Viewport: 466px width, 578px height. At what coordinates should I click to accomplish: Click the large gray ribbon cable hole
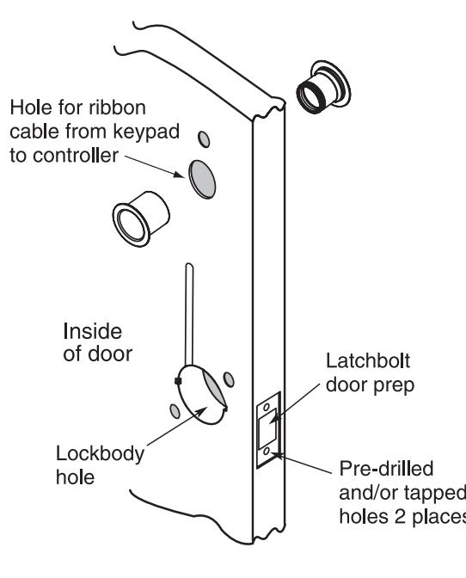coord(202,179)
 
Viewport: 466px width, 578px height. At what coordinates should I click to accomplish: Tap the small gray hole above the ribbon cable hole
coord(204,139)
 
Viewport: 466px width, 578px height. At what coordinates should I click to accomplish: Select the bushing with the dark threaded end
coord(323,87)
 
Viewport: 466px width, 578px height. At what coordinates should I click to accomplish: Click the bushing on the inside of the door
coord(140,218)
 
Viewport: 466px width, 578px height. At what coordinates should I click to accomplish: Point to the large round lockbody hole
coord(202,395)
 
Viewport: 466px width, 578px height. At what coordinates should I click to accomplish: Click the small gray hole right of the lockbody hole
coord(229,379)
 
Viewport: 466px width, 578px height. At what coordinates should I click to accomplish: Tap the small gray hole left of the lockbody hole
coord(175,411)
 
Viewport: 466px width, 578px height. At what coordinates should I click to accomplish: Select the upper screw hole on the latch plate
coord(267,407)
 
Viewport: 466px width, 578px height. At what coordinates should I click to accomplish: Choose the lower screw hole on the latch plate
coord(267,452)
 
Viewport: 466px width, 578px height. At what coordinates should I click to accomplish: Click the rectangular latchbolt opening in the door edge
coord(268,430)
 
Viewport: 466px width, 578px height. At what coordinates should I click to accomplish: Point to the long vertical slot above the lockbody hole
coord(189,314)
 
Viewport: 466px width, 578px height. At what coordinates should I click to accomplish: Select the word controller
coord(76,156)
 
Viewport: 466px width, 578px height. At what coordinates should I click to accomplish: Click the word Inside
coord(93,331)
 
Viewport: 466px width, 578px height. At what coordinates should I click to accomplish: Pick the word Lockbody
coord(100,454)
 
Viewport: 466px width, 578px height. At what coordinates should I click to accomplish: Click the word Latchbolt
coord(368,361)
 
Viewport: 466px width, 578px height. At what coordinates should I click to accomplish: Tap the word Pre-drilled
coord(386,469)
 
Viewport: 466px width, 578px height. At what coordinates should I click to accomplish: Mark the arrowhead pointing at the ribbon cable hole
coord(180,174)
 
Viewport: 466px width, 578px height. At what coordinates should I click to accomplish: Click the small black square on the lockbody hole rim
coord(178,381)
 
